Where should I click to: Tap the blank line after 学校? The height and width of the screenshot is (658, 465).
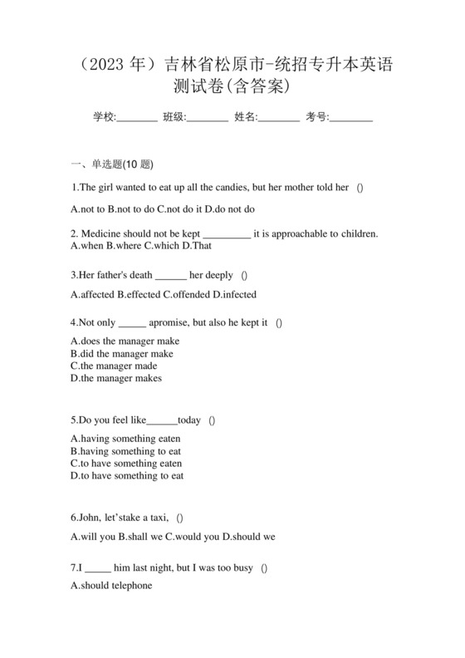tap(137, 118)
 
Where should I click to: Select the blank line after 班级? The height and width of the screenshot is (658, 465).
tap(208, 118)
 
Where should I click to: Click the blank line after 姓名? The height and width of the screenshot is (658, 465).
tap(279, 118)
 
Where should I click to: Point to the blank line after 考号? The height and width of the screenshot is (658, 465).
tap(351, 118)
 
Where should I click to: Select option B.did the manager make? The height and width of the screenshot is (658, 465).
tap(122, 353)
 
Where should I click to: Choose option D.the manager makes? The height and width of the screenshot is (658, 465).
tap(116, 378)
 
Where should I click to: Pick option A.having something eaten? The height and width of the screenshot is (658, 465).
tap(125, 438)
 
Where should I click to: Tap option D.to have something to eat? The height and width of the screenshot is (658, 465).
tap(127, 475)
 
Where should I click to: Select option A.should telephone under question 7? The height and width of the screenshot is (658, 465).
tap(112, 585)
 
